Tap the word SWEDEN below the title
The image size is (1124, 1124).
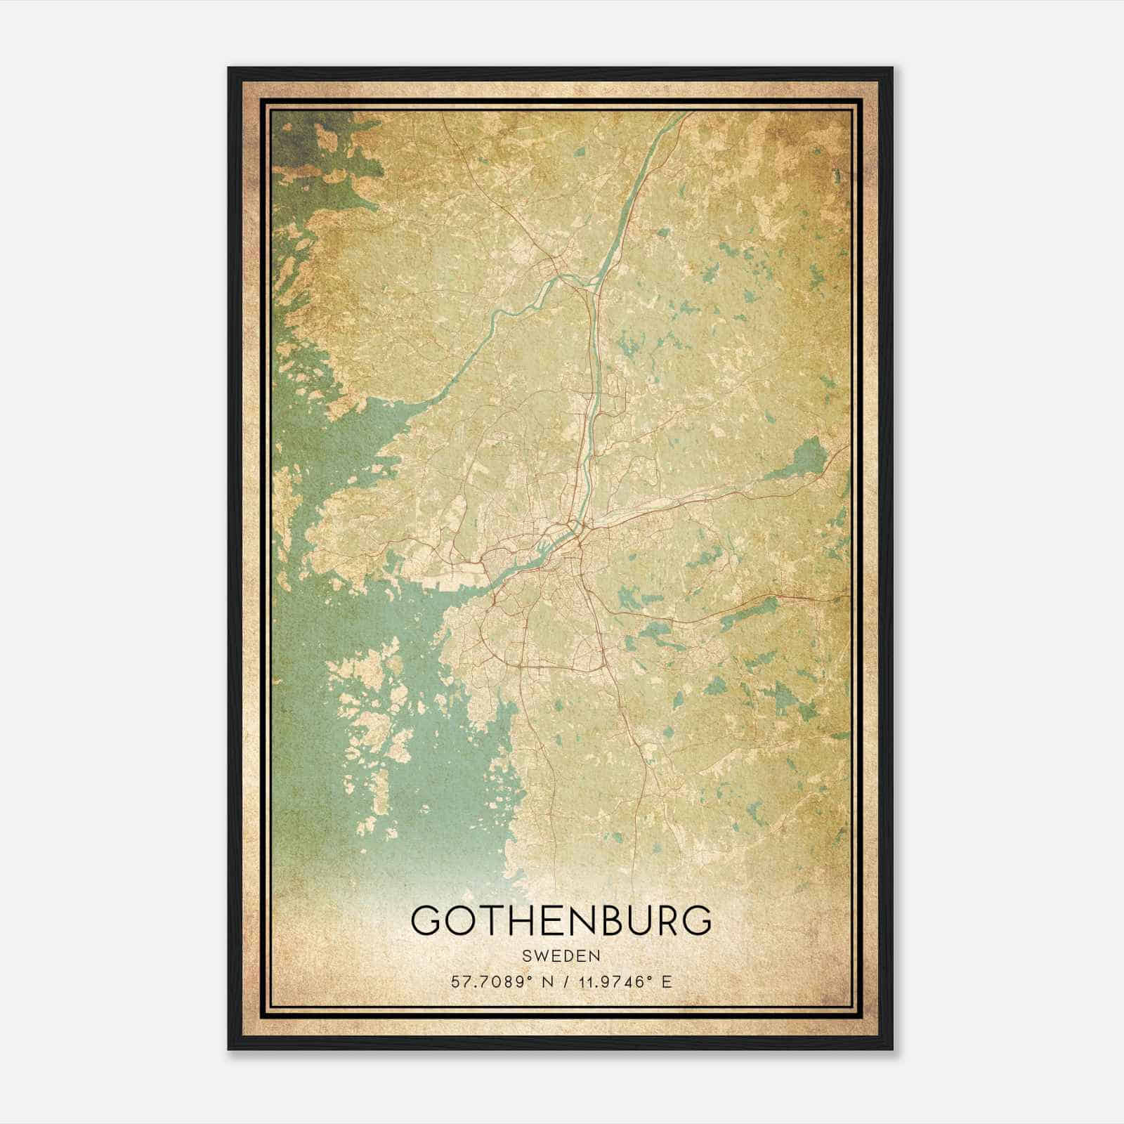[561, 955]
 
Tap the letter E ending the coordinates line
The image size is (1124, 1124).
[667, 981]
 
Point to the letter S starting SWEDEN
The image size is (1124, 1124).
[525, 955]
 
